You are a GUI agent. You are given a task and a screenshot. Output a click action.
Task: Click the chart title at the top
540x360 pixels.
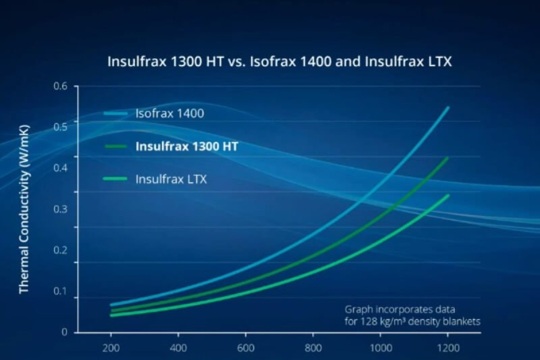(x=279, y=61)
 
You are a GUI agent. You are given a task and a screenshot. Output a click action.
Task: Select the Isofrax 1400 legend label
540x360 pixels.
(x=170, y=113)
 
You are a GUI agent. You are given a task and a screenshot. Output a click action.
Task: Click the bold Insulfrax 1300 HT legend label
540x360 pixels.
(x=187, y=147)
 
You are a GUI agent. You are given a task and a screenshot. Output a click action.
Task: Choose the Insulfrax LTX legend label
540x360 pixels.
(x=171, y=180)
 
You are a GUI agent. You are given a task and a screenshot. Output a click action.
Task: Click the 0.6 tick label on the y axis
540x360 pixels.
(x=60, y=85)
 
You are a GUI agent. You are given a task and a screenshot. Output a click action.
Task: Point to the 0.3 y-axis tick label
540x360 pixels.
(x=60, y=209)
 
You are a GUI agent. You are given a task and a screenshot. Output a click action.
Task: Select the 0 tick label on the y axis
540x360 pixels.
(x=64, y=332)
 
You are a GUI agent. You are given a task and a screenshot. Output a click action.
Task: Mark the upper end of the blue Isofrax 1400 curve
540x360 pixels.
(x=448, y=108)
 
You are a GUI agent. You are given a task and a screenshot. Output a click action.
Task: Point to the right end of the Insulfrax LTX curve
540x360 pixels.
(x=448, y=196)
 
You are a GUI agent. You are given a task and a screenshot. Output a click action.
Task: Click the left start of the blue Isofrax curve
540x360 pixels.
(x=111, y=305)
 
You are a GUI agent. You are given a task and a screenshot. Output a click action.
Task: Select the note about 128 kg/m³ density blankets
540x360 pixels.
(x=413, y=315)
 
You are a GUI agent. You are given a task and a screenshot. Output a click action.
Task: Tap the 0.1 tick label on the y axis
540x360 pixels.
(x=60, y=291)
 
